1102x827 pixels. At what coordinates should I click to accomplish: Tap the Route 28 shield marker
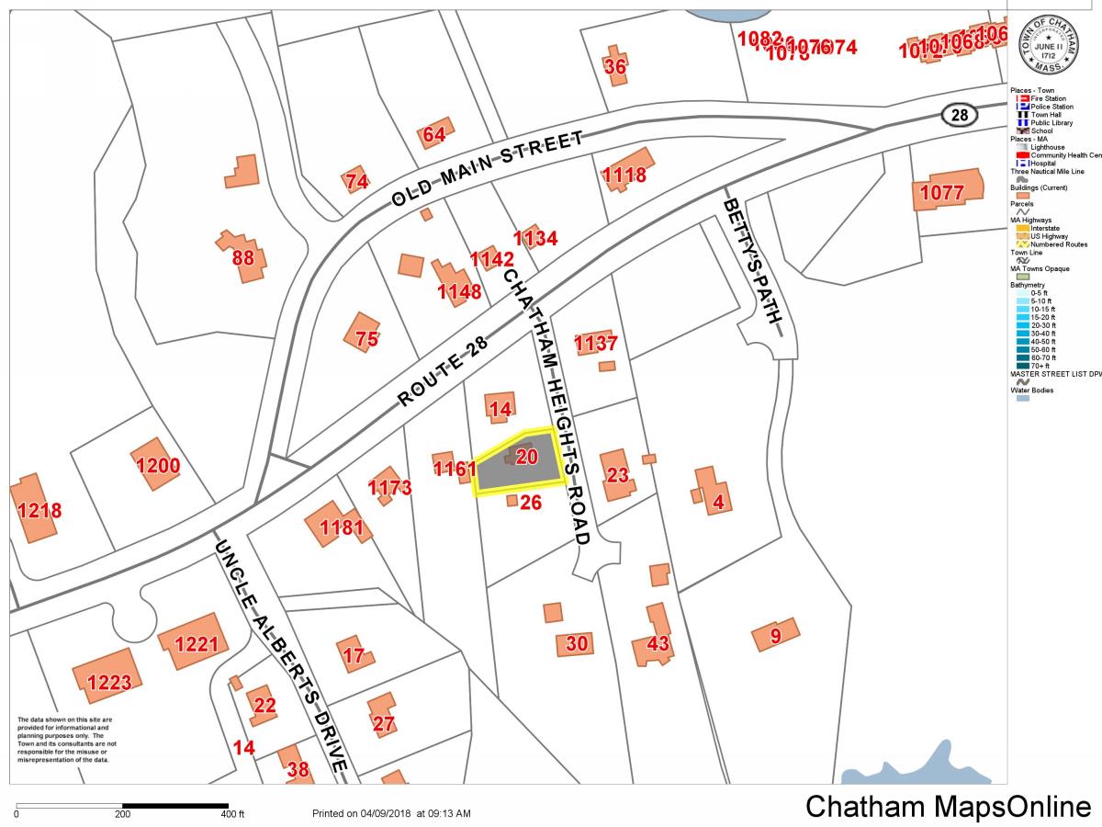point(960,115)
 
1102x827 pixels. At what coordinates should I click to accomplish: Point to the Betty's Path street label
point(753,262)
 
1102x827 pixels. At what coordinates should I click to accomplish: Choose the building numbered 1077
point(942,193)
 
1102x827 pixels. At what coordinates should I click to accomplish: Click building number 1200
point(158,465)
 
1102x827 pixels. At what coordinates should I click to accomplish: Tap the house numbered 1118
point(625,172)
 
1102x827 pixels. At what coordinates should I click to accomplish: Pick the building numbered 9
point(774,635)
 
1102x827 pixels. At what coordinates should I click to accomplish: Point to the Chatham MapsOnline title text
point(949,806)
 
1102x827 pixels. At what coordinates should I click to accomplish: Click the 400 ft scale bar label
point(231,814)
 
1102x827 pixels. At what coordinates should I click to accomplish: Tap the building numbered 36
point(615,65)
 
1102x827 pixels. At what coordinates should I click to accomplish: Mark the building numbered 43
point(656,640)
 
